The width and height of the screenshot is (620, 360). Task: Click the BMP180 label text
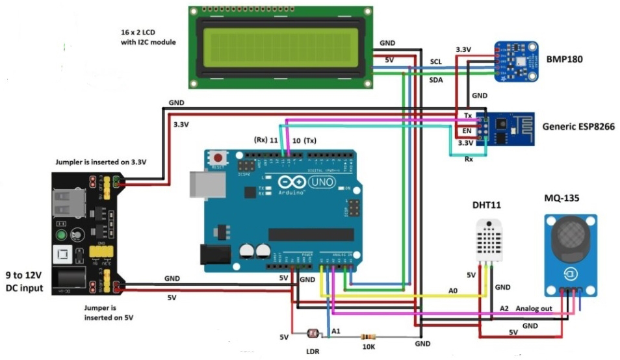point(565,58)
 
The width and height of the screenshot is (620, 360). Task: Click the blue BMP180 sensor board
point(517,61)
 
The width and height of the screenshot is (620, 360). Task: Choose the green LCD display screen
point(281,47)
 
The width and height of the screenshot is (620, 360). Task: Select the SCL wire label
point(436,62)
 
